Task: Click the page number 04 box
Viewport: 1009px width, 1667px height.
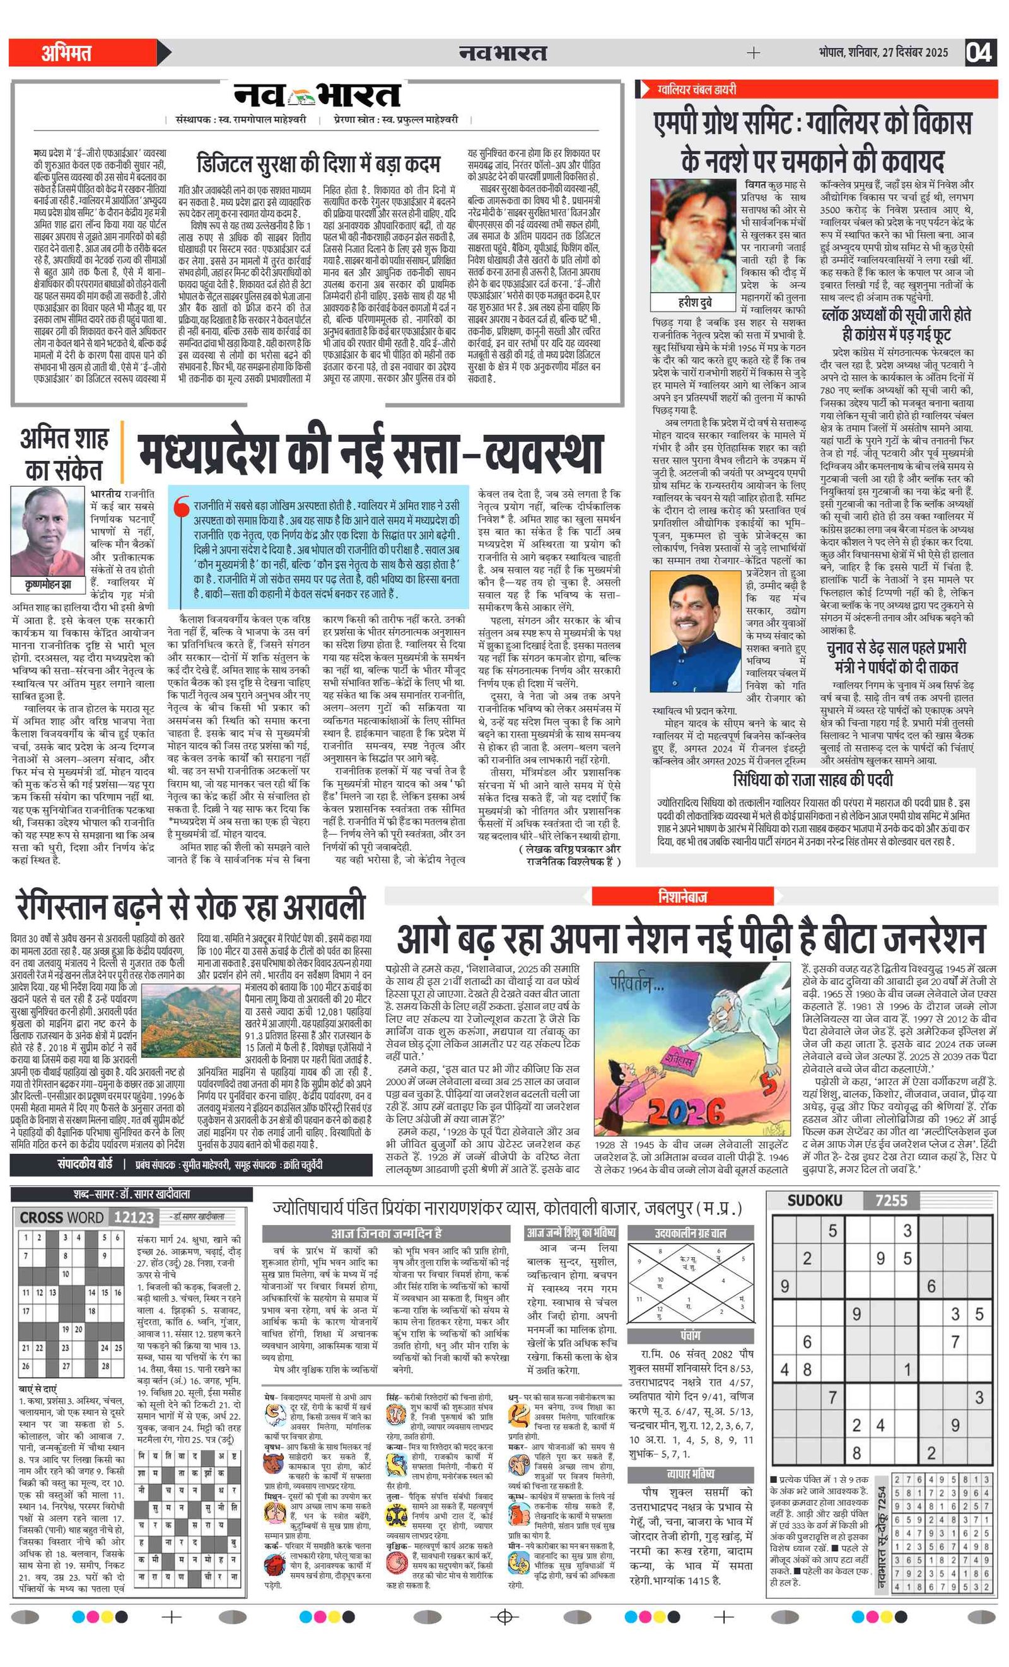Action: coord(979,52)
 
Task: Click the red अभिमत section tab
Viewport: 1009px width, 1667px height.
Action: coord(66,53)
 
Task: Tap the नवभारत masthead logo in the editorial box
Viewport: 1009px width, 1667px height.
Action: coord(317,95)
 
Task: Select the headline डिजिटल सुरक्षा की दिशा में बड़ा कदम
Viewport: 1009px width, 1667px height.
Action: coord(318,163)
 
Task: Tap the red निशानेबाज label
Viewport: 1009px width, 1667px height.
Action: coord(682,897)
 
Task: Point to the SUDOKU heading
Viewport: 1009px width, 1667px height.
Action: coord(814,1200)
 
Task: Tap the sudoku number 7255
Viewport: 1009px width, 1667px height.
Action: coord(891,1200)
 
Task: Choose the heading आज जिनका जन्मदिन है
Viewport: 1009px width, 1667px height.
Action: coord(386,1233)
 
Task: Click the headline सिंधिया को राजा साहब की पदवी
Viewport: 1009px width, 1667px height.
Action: coord(813,780)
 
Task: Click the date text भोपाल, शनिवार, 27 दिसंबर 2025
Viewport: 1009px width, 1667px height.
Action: coord(882,52)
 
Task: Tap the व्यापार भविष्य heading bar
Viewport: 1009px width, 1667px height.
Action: coord(689,1473)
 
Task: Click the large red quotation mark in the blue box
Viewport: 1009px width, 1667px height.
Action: coord(182,509)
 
